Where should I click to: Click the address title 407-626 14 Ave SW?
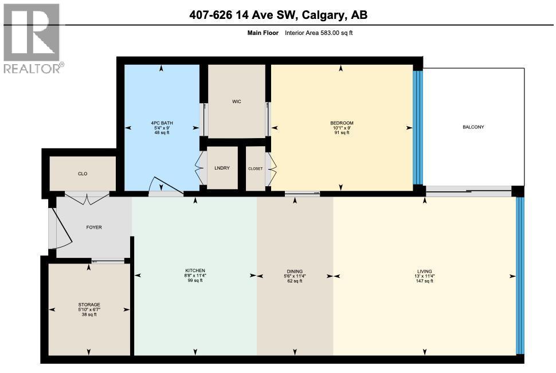tap(278, 15)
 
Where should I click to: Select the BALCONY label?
tap(473, 127)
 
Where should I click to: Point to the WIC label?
tap(236, 101)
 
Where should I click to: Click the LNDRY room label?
tap(222, 168)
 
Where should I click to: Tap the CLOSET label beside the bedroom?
tap(255, 168)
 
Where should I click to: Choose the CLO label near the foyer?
tap(83, 173)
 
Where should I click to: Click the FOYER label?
tap(94, 227)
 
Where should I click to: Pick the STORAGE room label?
tap(89, 304)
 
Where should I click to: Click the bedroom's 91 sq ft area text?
tap(342, 133)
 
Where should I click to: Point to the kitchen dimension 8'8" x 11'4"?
tap(195, 276)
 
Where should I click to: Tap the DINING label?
tap(295, 272)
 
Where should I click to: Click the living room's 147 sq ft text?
tap(425, 281)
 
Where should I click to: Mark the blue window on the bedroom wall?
tap(418, 127)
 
